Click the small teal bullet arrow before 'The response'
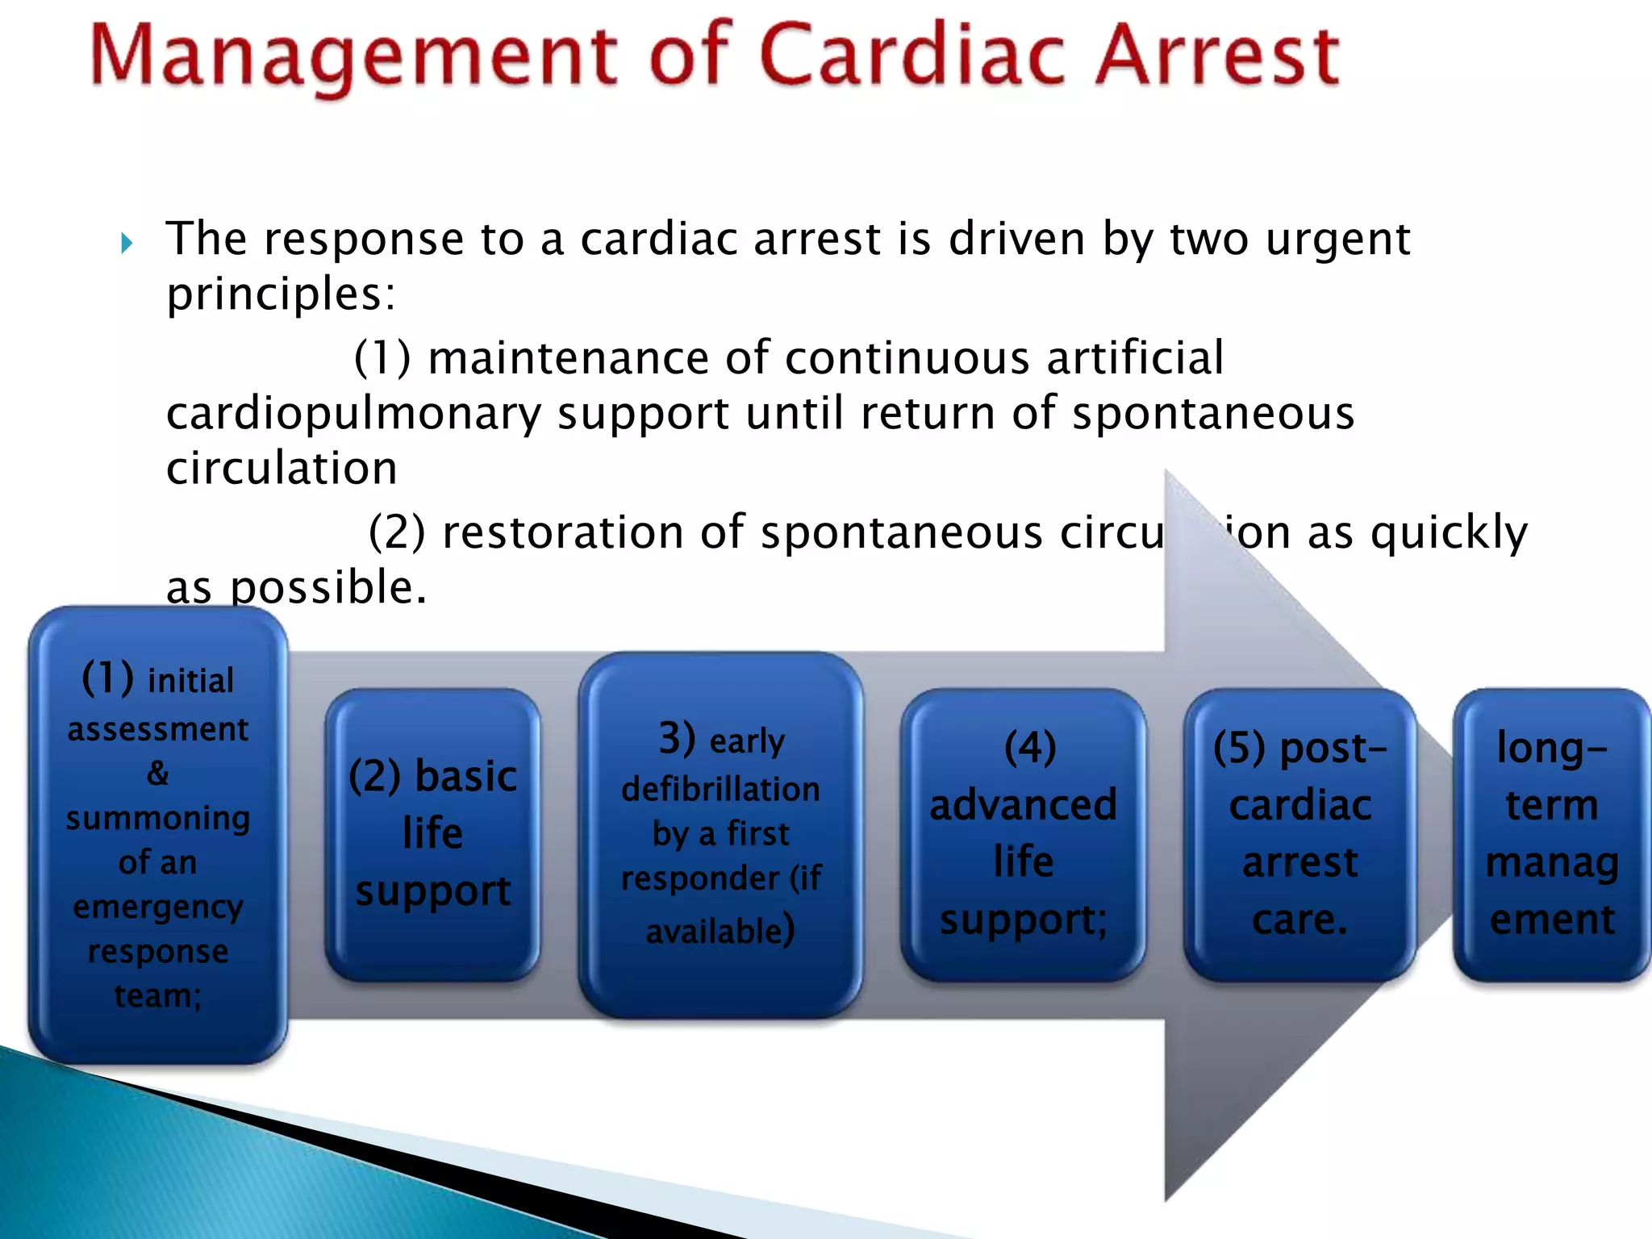coord(127,243)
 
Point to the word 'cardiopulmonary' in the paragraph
coord(353,414)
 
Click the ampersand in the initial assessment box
coord(158,774)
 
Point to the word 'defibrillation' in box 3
coord(720,789)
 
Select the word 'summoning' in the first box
coord(158,819)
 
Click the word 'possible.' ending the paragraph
coord(328,587)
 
